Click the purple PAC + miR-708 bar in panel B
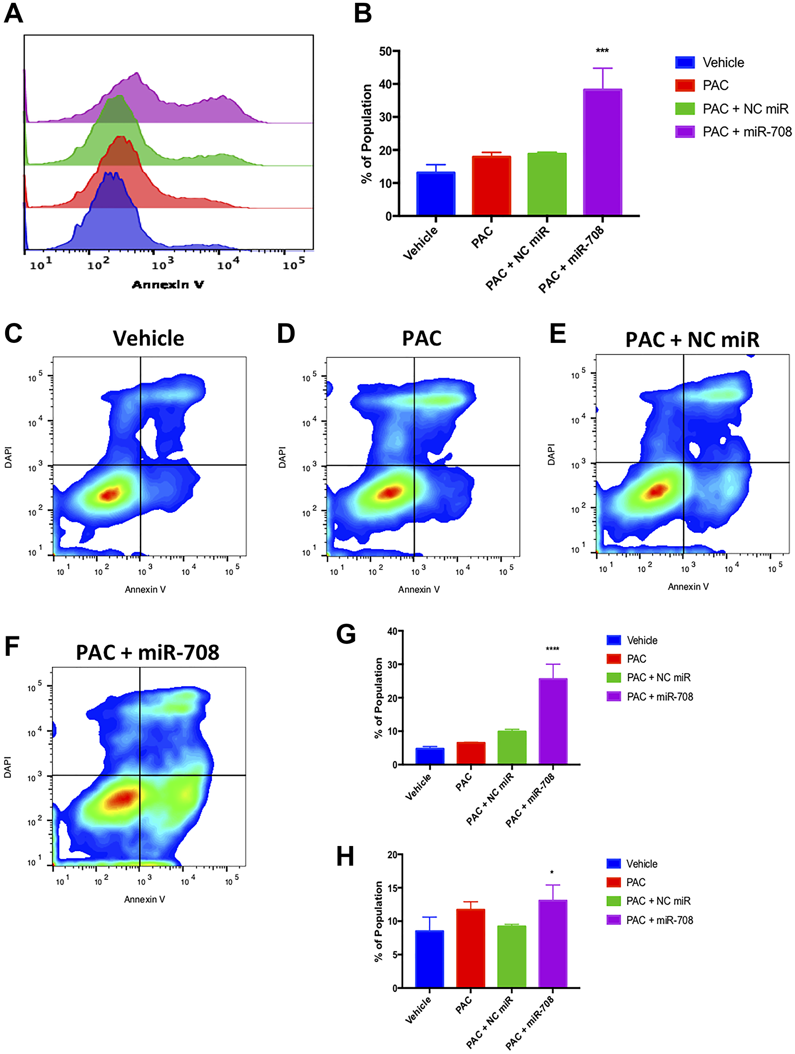coord(602,152)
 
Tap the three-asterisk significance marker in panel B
coord(602,51)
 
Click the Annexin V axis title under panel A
coord(168,284)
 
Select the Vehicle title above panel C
coord(148,338)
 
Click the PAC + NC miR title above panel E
coord(692,340)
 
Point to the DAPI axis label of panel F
coord(8,767)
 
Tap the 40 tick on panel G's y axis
coord(392,631)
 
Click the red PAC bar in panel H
coord(471,948)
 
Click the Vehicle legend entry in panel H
coord(641,864)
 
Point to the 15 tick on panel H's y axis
coord(392,888)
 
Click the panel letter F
coord(12,647)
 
